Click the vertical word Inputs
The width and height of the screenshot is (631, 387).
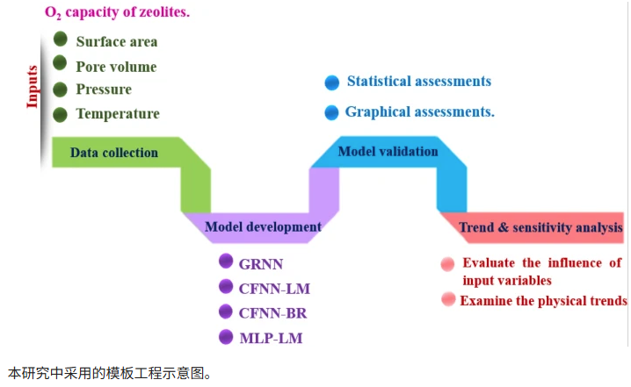pyautogui.click(x=33, y=86)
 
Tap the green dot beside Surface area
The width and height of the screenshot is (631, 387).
pyautogui.click(x=61, y=39)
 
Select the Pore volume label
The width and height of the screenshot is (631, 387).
pyautogui.click(x=116, y=66)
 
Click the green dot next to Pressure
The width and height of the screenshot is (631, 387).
pyautogui.click(x=61, y=89)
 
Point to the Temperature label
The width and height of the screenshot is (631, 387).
pyautogui.click(x=118, y=113)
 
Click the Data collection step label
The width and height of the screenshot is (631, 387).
pyautogui.click(x=114, y=153)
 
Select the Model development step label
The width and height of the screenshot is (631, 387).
pyautogui.click(x=263, y=227)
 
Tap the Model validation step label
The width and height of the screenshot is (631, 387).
pyautogui.click(x=388, y=151)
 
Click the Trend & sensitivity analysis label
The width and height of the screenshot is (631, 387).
pyautogui.click(x=540, y=227)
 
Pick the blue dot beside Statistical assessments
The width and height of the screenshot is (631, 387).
pyautogui.click(x=331, y=82)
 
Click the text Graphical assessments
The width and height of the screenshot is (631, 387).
pyautogui.click(x=419, y=112)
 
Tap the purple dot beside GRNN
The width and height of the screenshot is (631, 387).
pyautogui.click(x=226, y=261)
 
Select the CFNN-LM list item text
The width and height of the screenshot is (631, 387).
pyautogui.click(x=274, y=287)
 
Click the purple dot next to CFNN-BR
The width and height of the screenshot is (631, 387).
pyautogui.click(x=226, y=312)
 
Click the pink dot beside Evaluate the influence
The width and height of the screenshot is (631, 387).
pyautogui.click(x=448, y=263)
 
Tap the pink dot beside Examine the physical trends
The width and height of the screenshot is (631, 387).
pyautogui.click(x=448, y=299)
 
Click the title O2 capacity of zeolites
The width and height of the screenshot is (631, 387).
pyautogui.click(x=105, y=13)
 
